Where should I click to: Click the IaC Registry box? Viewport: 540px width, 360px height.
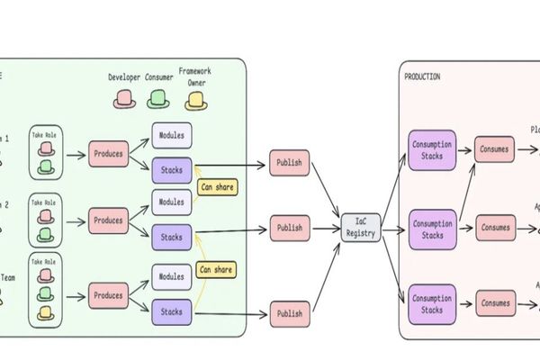[x=361, y=228]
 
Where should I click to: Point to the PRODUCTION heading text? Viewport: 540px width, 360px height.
[x=422, y=77]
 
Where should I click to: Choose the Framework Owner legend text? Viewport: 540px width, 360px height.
[x=195, y=76]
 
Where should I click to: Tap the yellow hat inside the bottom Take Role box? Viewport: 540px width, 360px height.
[x=46, y=314]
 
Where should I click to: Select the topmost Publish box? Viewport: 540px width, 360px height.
[x=289, y=164]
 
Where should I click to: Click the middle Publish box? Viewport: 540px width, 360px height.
[x=289, y=229]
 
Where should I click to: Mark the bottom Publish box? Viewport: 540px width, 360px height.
[x=289, y=313]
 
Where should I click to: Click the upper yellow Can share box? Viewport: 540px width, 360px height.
[x=217, y=188]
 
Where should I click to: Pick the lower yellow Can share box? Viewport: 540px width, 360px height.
[x=217, y=268]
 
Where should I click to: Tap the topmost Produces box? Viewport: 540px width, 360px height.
[x=108, y=154]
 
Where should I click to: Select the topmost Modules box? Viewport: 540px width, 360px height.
[x=171, y=134]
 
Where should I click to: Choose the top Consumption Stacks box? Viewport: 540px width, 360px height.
[x=432, y=150]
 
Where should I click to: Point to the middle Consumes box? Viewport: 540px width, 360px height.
[x=495, y=227]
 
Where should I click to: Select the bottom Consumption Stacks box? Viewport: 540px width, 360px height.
[x=432, y=304]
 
